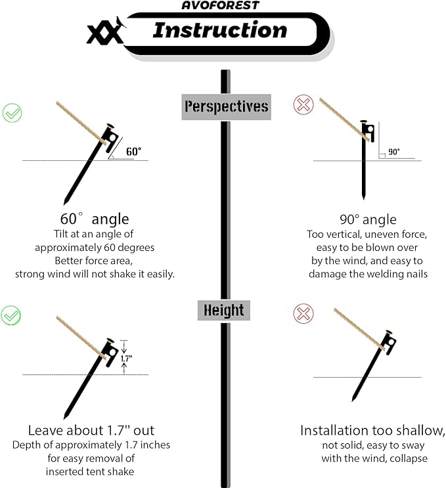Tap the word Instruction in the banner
click(x=219, y=30)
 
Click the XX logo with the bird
click(x=106, y=32)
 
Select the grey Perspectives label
click(x=227, y=106)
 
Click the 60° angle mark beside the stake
click(x=133, y=152)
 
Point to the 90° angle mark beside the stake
click(x=393, y=152)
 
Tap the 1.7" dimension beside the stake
click(x=127, y=359)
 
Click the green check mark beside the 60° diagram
click(x=12, y=112)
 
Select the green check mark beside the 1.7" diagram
click(x=12, y=315)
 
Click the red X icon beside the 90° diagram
click(x=303, y=105)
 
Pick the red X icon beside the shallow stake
click(x=303, y=314)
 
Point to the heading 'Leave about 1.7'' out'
click(x=91, y=430)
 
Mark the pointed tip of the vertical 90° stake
click(x=363, y=197)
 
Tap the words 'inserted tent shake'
click(x=91, y=471)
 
